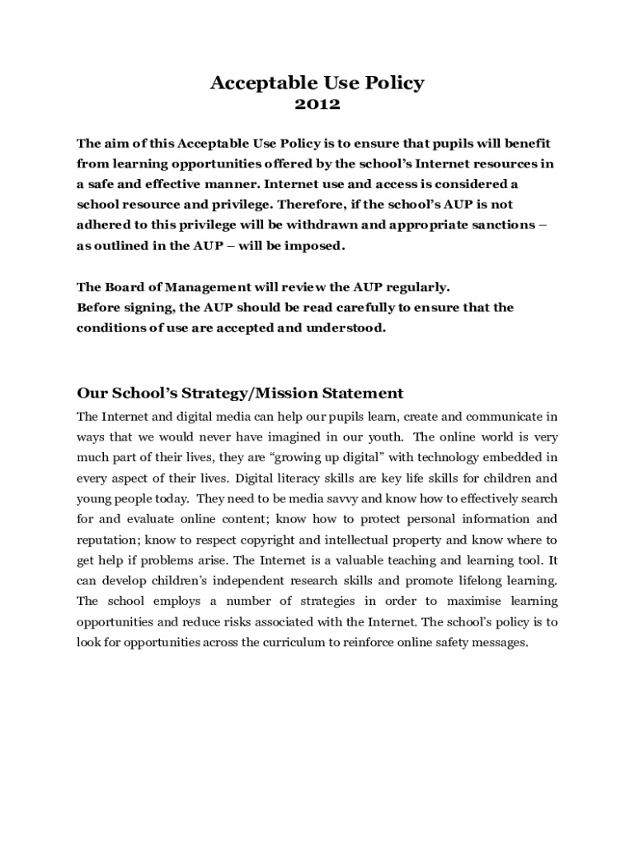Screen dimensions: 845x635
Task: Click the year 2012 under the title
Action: point(317,105)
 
